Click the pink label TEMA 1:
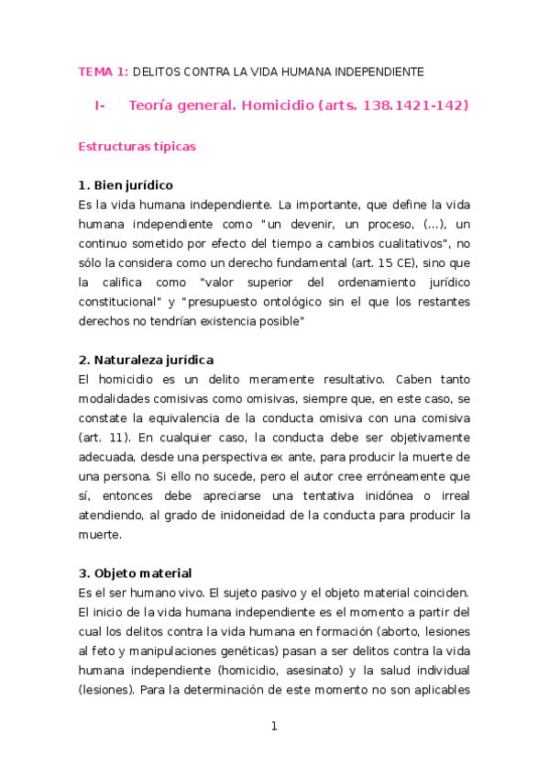pos(104,71)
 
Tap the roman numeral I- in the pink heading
pos(100,106)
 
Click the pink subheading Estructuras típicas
pos(137,146)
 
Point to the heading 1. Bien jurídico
pos(126,185)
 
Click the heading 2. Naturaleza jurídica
pos(147,360)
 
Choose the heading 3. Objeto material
pos(135,573)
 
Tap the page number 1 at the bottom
pos(273,727)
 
